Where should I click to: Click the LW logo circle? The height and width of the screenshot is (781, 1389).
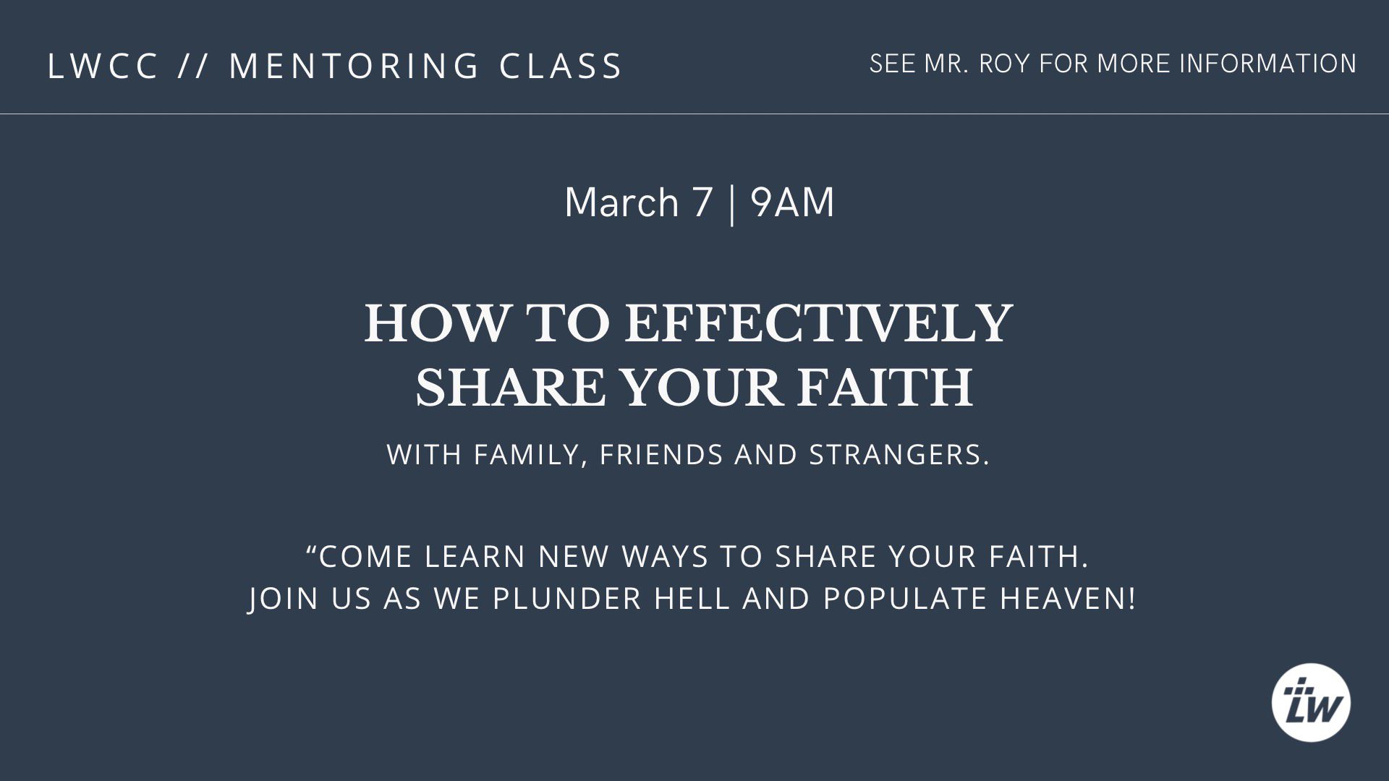pyautogui.click(x=1311, y=702)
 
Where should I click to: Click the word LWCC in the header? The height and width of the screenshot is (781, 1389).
pyautogui.click(x=103, y=66)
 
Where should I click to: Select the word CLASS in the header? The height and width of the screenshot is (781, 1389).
pyautogui.click(x=561, y=66)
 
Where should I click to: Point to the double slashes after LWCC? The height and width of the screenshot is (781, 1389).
pyautogui.click(x=194, y=66)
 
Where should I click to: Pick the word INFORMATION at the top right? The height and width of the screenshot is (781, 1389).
pyautogui.click(x=1268, y=64)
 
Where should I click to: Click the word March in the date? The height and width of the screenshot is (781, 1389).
pyautogui.click(x=621, y=202)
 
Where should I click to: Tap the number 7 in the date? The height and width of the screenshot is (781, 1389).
pyautogui.click(x=702, y=202)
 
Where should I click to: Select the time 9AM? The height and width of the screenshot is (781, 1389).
pyautogui.click(x=792, y=202)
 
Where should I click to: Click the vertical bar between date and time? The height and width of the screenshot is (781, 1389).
pyautogui.click(x=732, y=204)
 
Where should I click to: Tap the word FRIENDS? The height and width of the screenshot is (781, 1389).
pyautogui.click(x=661, y=455)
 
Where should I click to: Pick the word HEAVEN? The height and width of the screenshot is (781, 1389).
pyautogui.click(x=1067, y=599)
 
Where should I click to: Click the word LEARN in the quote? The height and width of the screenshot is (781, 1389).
pyautogui.click(x=475, y=557)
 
